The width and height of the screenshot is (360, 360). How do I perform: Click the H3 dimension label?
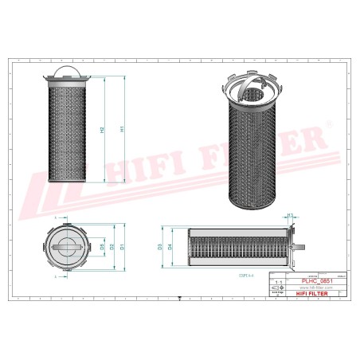pyautogui.click(x=290, y=216)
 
